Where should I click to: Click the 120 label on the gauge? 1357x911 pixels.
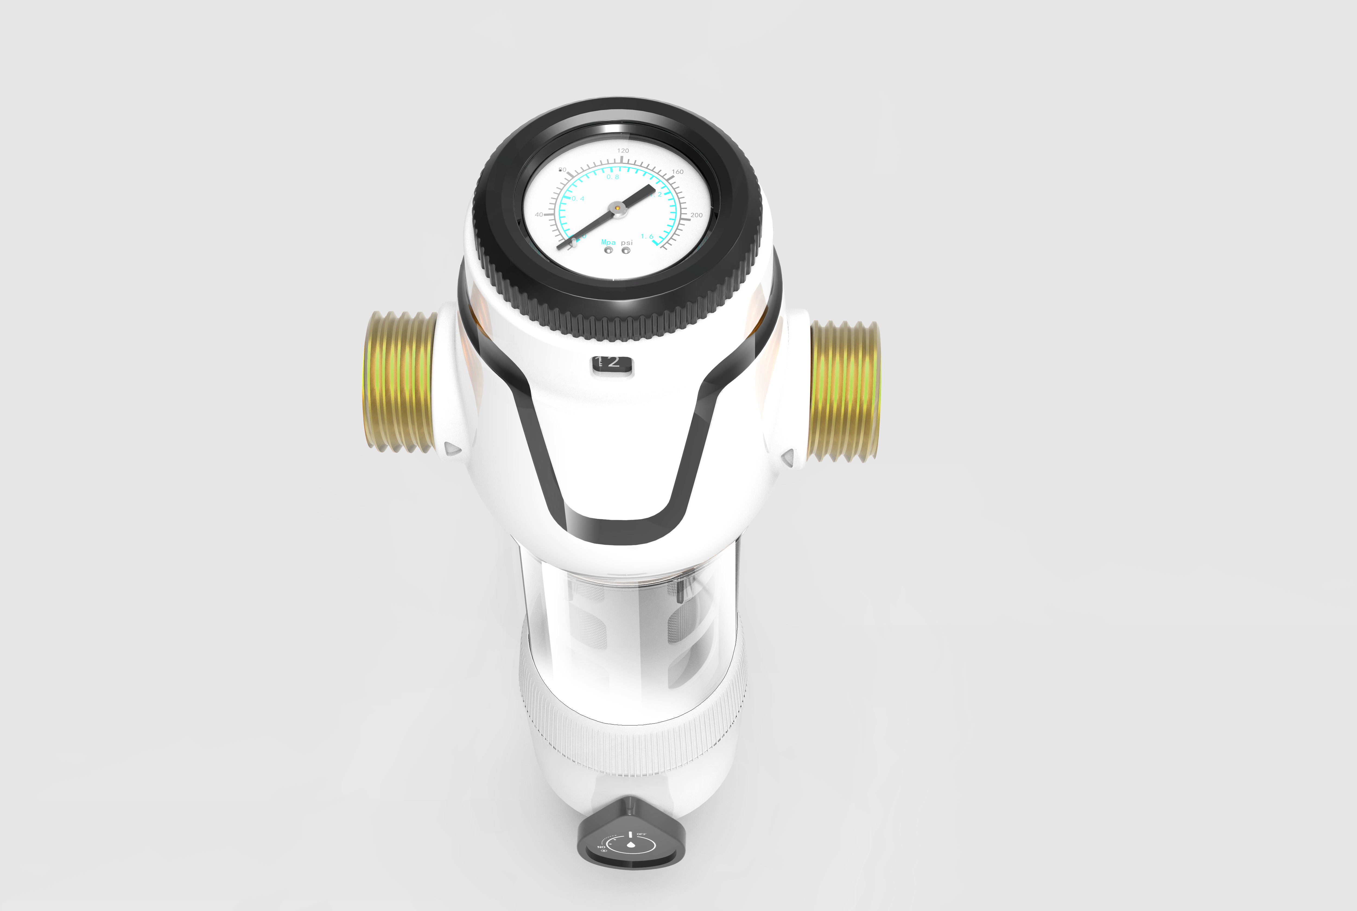[623, 151]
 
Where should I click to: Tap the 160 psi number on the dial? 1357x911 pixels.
[678, 172]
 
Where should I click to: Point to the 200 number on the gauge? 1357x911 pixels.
[696, 215]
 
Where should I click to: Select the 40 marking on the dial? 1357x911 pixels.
[539, 214]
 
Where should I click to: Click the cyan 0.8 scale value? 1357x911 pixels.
[613, 177]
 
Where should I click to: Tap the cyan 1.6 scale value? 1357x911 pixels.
[647, 237]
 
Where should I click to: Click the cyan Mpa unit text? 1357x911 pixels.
[608, 242]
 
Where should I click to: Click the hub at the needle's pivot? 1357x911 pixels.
[617, 208]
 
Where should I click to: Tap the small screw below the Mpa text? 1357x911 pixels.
[608, 250]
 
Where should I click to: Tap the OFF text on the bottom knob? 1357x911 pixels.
[642, 834]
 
